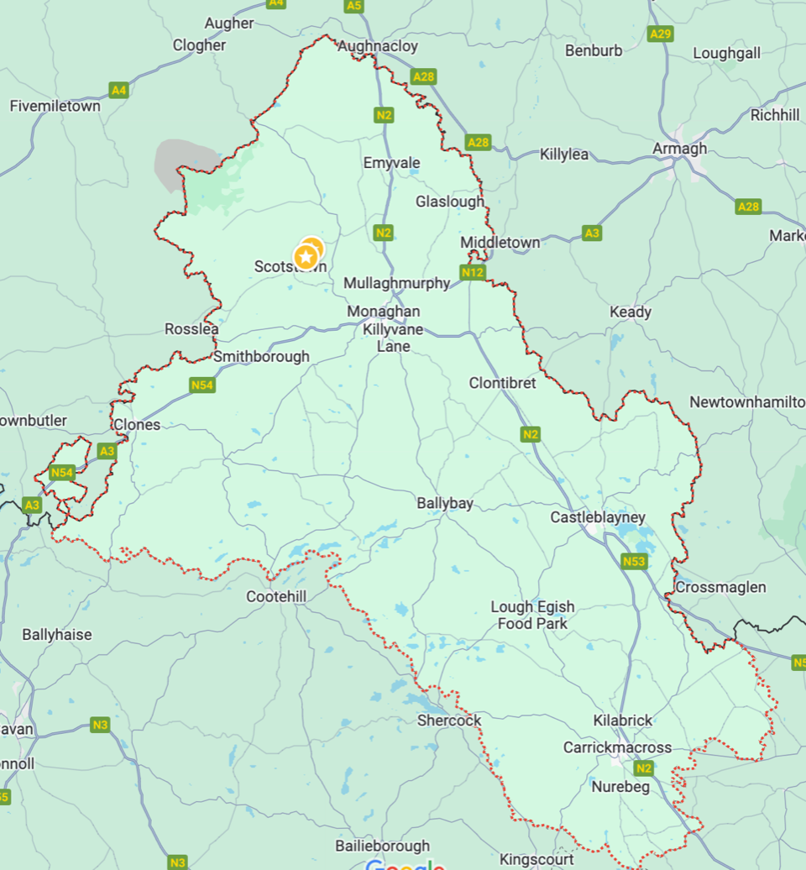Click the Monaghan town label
coord(383,312)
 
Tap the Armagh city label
coord(679,149)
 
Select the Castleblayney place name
coord(598,517)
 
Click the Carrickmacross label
coord(617,747)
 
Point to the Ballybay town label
coord(445,504)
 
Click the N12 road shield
coord(473,272)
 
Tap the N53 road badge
coord(634,560)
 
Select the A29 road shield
coord(661,34)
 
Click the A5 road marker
coord(354,6)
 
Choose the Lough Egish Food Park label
coord(532,615)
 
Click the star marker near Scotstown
coord(306,256)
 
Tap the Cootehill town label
coord(278,596)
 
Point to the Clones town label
coord(136,425)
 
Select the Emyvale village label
coord(391,163)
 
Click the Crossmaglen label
coord(720,587)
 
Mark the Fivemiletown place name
coord(55,107)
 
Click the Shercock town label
coord(449,721)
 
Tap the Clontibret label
coord(502,383)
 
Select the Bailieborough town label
coord(382,846)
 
